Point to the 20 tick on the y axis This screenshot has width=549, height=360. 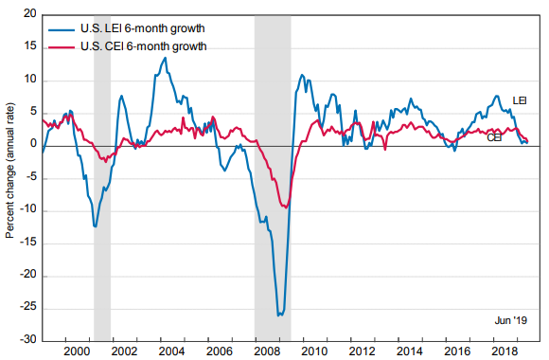30,16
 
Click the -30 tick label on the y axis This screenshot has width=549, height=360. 27,339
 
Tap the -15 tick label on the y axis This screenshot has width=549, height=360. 27,243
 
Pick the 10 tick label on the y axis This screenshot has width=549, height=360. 30,81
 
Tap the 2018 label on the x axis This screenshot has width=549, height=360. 502,351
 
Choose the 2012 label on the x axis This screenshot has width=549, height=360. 359,351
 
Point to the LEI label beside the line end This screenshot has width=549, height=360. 520,100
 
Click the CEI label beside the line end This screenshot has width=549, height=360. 494,137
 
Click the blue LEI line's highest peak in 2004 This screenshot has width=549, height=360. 166,58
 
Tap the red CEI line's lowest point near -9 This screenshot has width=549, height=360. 285,207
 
